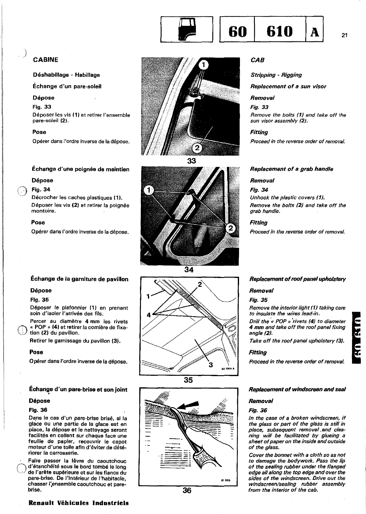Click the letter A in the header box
[314, 31]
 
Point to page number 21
[344, 36]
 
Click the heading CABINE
[46, 60]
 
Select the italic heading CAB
[258, 60]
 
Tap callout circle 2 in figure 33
[197, 148]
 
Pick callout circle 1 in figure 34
[149, 190]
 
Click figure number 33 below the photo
[191, 161]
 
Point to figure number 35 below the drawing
[188, 380]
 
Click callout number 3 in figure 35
[211, 365]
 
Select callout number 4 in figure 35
[149, 315]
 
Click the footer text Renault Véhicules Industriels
[78, 503]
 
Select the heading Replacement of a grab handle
[291, 169]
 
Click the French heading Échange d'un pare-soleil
[67, 86]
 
